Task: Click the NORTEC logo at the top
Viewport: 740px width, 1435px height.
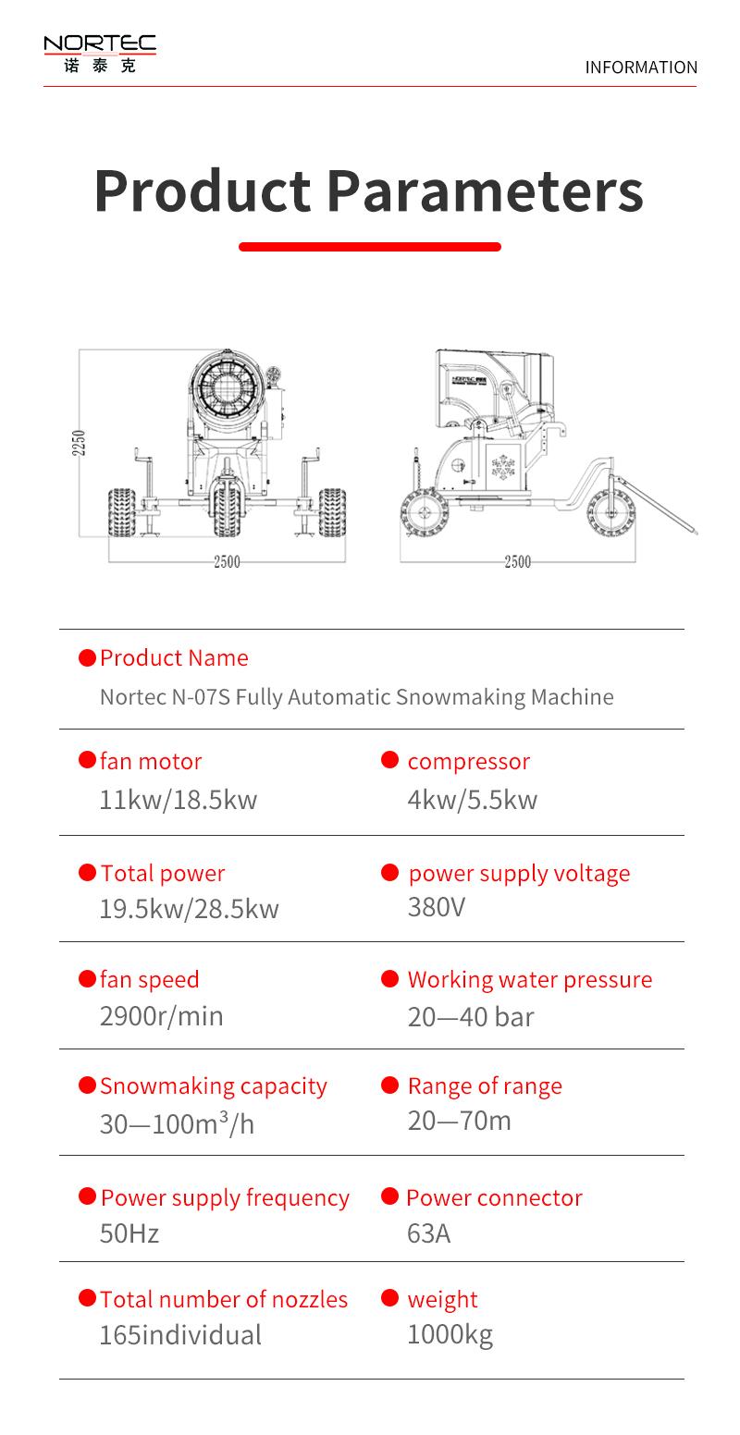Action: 100,55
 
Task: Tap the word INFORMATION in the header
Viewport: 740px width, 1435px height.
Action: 641,67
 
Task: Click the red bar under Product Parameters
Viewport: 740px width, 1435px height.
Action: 370,247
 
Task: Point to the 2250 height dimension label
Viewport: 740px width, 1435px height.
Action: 79,443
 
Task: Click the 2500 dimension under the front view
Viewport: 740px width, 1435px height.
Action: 227,562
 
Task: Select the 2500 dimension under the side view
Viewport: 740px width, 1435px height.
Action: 518,562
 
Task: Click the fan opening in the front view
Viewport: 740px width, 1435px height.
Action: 227,386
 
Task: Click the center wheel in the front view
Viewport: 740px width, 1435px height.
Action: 227,509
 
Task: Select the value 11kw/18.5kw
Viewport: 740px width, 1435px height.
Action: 179,800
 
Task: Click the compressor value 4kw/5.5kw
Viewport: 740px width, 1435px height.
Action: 472,800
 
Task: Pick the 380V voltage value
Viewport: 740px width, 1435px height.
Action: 437,907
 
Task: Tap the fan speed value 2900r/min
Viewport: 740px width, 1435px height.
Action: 162,1016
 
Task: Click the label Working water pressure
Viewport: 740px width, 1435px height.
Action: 530,979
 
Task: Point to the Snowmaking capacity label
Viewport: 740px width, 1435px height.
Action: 214,1086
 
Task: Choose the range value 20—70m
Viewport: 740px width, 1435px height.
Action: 460,1121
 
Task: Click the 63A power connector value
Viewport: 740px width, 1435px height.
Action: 428,1233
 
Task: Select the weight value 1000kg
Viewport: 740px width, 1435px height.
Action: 450,1335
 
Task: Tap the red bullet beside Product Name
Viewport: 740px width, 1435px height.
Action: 87,657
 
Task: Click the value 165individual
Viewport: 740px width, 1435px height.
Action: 180,1336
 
